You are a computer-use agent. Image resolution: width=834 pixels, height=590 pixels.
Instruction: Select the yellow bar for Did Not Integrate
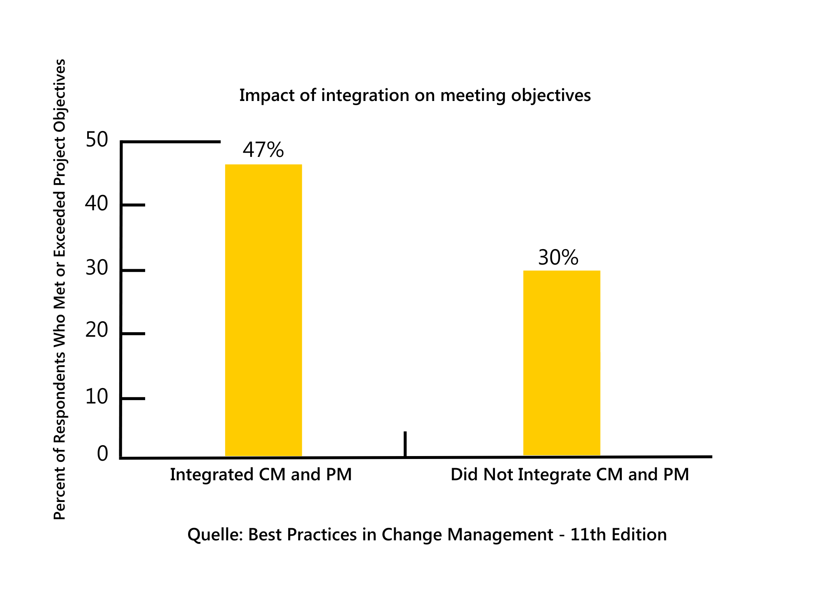562,363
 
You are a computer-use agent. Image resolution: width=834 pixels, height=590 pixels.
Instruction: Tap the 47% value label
263,150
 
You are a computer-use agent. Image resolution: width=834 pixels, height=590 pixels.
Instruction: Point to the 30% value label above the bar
558,257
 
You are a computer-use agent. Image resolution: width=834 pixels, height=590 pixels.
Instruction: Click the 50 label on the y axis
97,139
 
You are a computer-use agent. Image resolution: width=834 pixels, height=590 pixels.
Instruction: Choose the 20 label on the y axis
97,330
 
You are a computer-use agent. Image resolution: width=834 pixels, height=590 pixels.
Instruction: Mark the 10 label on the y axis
97,396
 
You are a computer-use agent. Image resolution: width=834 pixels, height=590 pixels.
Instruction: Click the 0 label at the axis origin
103,454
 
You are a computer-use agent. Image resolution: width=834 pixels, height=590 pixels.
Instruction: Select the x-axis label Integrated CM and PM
261,475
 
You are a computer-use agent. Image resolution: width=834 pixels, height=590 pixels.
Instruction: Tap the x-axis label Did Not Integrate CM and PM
570,475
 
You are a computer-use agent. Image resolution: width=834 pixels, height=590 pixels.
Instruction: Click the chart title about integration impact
415,96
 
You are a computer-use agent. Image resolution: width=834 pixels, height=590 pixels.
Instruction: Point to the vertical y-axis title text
60,289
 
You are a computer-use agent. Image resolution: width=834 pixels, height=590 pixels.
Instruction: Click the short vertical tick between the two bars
405,444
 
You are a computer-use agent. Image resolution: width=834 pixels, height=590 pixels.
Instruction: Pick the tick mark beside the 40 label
133,205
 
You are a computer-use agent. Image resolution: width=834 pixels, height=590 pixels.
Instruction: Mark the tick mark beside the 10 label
133,398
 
